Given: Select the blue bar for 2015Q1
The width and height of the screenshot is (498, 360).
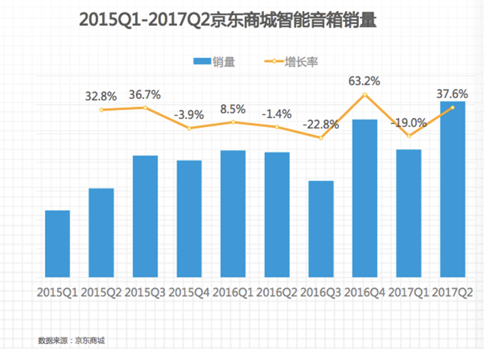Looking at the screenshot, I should tap(58, 244).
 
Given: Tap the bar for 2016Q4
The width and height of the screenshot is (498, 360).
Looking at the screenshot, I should tap(365, 198).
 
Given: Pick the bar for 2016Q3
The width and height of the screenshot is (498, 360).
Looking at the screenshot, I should tap(321, 229).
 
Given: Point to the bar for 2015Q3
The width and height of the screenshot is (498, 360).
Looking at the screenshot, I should tap(145, 216).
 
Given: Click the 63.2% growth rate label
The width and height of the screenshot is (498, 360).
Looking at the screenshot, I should tap(364, 81).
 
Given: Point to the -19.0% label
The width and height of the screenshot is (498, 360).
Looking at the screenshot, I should tap(408, 122).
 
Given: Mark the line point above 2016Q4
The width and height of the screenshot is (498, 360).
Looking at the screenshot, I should tap(365, 95).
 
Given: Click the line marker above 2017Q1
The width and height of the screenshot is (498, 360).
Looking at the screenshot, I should tap(408, 136).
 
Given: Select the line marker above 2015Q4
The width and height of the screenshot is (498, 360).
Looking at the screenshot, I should tap(189, 128).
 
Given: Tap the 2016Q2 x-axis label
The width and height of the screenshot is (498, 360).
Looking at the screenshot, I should tap(277, 292).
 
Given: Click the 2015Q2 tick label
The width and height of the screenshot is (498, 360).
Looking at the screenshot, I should tap(101, 292).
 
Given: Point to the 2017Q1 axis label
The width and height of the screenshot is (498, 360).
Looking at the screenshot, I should tap(408, 292).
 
